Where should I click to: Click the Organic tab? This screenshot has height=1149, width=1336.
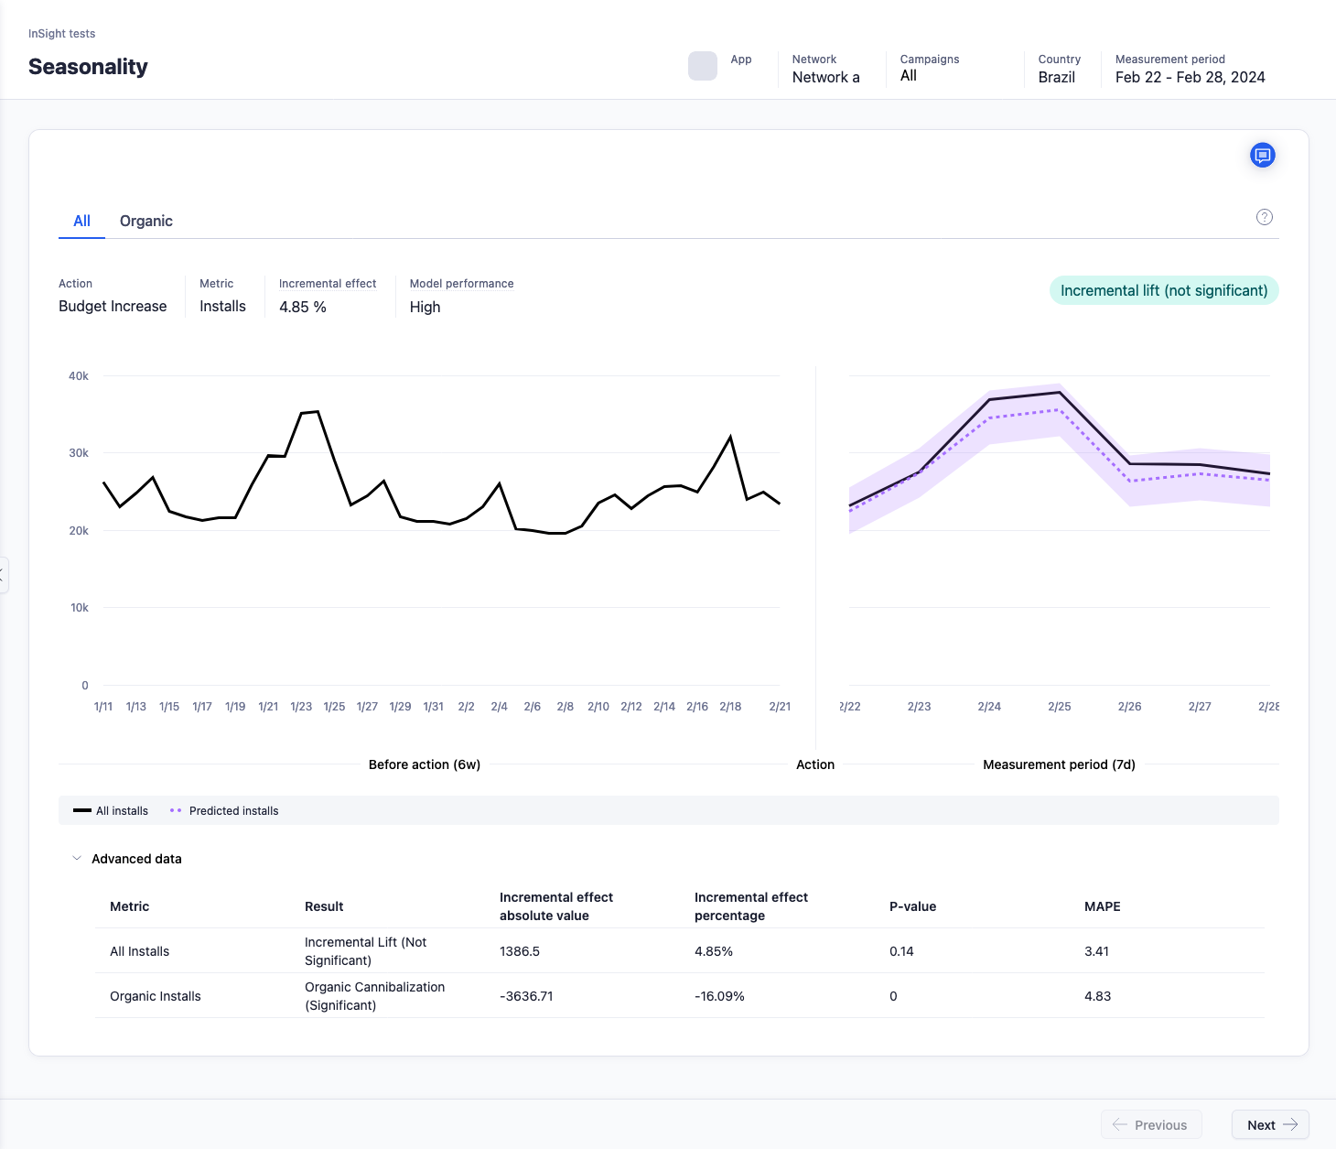pos(145,221)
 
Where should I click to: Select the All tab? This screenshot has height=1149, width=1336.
pos(81,221)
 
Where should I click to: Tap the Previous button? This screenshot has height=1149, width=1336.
pos(1150,1125)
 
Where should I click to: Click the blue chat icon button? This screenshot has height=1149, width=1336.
pos(1262,156)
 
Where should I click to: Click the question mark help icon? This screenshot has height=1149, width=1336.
pos(1264,217)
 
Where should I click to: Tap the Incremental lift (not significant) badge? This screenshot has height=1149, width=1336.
pos(1163,290)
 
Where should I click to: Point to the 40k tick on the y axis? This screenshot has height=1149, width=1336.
pos(79,376)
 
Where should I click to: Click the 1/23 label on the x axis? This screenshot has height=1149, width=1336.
pos(301,707)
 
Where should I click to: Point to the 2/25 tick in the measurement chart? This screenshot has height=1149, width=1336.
pos(1059,707)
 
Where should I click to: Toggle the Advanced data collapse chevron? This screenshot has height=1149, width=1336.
pos(77,859)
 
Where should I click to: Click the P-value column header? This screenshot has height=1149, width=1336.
pos(912,906)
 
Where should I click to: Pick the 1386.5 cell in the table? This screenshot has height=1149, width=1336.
pos(519,951)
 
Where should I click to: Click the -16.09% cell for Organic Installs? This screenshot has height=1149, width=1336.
pos(719,996)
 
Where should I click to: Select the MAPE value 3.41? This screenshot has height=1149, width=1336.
pos(1096,951)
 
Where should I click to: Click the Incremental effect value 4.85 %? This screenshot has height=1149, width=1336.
pos(302,307)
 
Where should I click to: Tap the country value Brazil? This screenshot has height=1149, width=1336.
pos(1056,78)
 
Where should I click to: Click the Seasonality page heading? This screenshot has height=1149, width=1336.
pos(88,67)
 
